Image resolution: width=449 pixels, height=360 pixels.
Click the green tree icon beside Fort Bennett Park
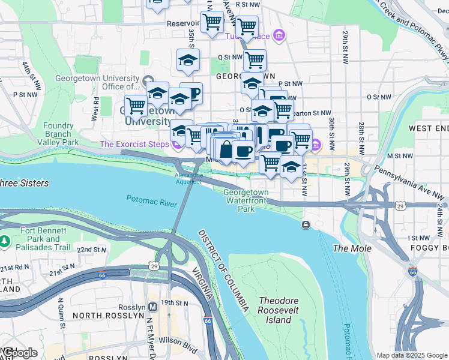[5, 241]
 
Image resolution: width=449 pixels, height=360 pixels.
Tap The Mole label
[352, 248]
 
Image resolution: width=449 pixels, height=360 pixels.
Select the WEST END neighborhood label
[428, 128]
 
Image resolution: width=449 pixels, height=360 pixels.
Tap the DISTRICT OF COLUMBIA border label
[223, 270]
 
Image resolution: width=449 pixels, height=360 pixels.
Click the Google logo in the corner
[19, 353]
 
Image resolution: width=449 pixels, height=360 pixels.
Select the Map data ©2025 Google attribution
[412, 355]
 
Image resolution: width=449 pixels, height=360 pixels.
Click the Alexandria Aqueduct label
[188, 178]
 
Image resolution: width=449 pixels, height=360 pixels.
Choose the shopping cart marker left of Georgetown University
[136, 106]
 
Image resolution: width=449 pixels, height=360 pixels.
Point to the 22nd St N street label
[92, 250]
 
